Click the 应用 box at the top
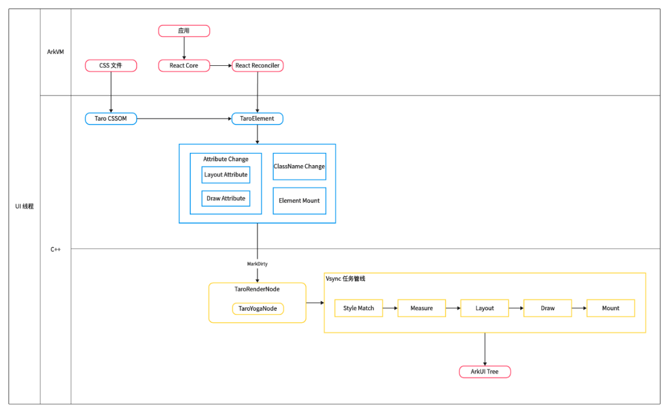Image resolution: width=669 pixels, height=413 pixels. click(x=184, y=31)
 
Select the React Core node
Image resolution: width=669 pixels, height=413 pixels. click(x=184, y=65)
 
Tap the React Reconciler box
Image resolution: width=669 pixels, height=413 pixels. click(x=257, y=65)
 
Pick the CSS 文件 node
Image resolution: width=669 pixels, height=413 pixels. click(x=111, y=65)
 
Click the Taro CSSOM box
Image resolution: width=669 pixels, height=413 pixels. click(x=111, y=119)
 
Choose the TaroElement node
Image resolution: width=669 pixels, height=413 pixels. click(x=257, y=119)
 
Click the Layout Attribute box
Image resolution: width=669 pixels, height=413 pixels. click(x=225, y=175)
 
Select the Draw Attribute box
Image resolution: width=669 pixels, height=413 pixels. click(x=225, y=198)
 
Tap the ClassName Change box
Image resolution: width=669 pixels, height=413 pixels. click(x=299, y=166)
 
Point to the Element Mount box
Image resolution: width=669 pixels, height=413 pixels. click(x=299, y=200)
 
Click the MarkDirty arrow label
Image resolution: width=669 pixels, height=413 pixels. click(x=257, y=264)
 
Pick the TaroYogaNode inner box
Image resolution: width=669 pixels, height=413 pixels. click(x=257, y=308)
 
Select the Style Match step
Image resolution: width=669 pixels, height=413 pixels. click(x=358, y=308)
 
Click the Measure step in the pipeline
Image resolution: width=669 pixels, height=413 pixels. click(x=422, y=308)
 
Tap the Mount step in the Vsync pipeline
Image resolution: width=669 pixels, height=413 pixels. click(x=610, y=308)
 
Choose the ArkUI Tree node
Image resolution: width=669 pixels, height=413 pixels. click(x=485, y=371)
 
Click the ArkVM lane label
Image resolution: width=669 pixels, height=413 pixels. click(x=56, y=51)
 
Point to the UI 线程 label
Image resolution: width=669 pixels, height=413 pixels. click(x=24, y=206)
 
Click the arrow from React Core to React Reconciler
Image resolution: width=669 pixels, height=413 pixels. click(x=221, y=65)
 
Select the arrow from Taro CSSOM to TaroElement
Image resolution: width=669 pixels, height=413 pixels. click(x=184, y=119)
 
